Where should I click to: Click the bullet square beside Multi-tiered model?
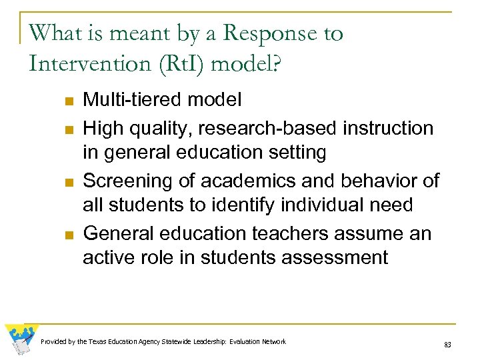point(68,102)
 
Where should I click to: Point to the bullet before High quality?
point(68,129)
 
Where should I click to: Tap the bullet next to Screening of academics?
point(68,182)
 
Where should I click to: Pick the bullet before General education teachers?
point(68,235)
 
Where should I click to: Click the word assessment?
point(331,258)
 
